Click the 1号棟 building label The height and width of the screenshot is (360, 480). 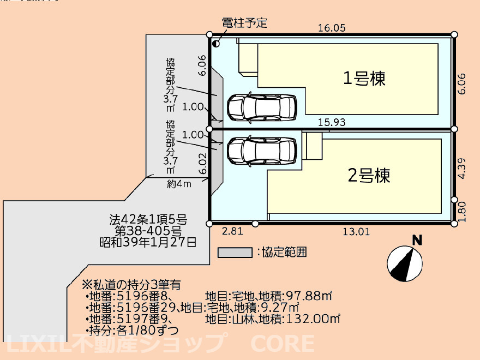pos(364,79)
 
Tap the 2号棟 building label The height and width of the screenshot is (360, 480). pos(369,176)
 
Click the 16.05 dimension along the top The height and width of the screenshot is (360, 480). pos(332,29)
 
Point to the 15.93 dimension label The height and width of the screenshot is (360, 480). pos(331,123)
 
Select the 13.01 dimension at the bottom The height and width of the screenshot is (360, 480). pos(356,231)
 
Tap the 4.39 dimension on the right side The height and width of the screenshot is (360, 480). pos(461,169)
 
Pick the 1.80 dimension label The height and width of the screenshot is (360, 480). pos(461,212)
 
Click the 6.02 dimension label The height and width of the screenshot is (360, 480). pos(203,164)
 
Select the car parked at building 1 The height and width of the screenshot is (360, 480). pos(261,106)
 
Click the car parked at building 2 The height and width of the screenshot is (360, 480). pos(261,150)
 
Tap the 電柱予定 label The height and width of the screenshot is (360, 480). pos(244,23)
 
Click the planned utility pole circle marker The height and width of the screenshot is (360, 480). pos(216,44)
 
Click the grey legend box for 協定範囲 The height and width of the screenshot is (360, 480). pos(234,253)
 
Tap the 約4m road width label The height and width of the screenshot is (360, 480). pos(179,184)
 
